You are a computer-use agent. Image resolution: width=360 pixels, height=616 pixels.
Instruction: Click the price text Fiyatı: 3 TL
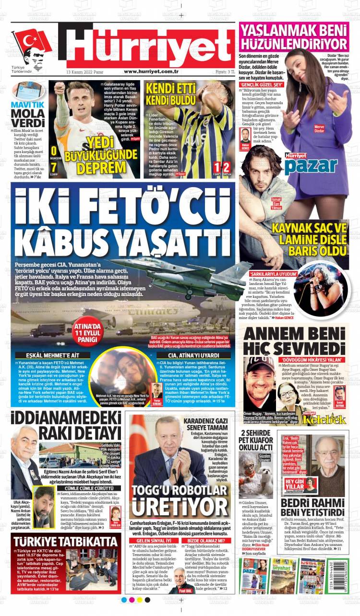tap(220, 71)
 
